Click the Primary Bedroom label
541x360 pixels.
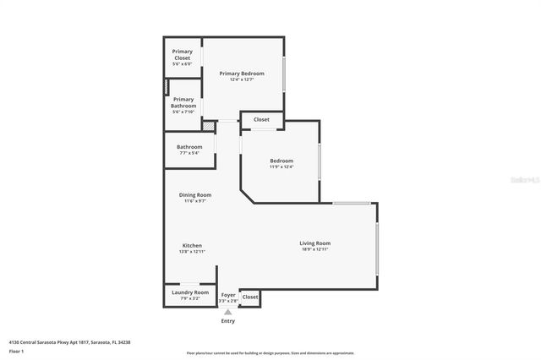(242, 74)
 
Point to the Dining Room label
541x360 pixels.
(194, 195)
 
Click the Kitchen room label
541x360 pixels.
(191, 245)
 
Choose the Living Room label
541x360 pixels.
(314, 243)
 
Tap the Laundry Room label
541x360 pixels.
(189, 292)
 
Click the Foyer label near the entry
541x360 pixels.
(228, 294)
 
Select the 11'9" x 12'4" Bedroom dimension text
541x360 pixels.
(281, 166)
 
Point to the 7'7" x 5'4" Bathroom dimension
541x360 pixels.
(189, 153)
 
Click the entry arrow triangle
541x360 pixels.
(227, 313)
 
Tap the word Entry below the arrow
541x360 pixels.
(227, 321)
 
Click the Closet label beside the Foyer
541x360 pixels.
(250, 297)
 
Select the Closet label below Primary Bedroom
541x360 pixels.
(262, 120)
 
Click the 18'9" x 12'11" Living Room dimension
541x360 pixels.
(314, 249)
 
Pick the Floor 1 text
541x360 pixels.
(17, 350)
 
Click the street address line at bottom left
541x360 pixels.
(69, 341)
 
